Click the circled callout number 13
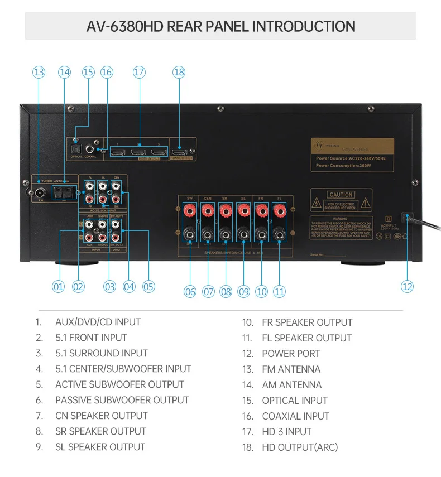[x=39, y=72]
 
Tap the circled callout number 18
[x=179, y=72]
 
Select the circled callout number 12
[x=407, y=286]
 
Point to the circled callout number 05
[x=148, y=287]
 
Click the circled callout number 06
[x=190, y=291]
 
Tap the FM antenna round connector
[x=39, y=194]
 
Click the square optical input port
[x=76, y=149]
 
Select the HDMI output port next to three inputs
[x=180, y=151]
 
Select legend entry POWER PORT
[x=291, y=353]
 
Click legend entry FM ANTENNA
[x=291, y=369]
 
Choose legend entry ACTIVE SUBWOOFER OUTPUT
[x=119, y=384]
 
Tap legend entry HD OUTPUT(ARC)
[x=300, y=447]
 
